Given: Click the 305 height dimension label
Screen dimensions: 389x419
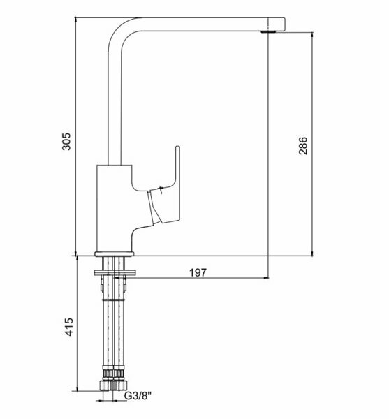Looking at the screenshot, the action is (67, 142).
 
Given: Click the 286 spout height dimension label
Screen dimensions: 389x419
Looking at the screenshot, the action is (303, 146).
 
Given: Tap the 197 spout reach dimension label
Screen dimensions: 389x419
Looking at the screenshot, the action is (198, 272).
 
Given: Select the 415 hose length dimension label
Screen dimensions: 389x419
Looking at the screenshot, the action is (69, 327).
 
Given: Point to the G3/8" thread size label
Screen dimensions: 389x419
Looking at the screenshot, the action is (138, 396).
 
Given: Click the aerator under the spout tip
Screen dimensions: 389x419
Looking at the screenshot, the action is (268, 32).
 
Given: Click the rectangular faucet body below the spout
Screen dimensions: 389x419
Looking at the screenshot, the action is (115, 208).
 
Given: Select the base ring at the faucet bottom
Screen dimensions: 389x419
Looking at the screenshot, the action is (115, 254).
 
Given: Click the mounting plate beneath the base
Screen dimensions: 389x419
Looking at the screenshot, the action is (115, 272).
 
